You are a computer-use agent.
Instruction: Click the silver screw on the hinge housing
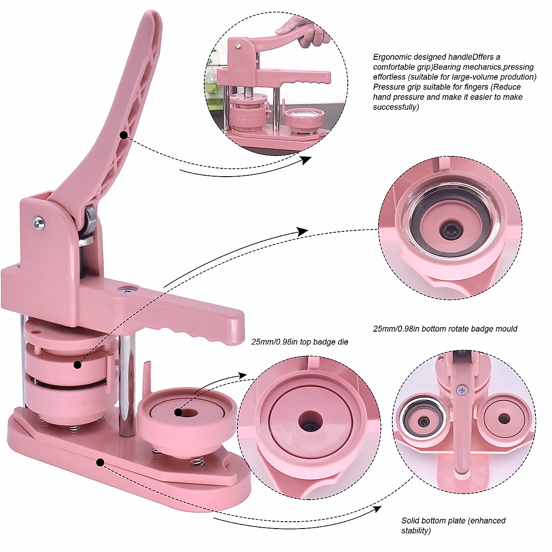click(x=39, y=223)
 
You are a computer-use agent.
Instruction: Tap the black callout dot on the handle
click(x=123, y=135)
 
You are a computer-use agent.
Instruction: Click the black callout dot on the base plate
click(x=100, y=461)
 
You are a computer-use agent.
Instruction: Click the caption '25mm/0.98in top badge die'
click(x=300, y=342)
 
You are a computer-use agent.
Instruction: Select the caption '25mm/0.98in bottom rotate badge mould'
click(x=445, y=329)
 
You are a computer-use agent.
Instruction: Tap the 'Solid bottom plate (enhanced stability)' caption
click(x=453, y=525)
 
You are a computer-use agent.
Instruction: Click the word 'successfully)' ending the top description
click(x=396, y=107)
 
